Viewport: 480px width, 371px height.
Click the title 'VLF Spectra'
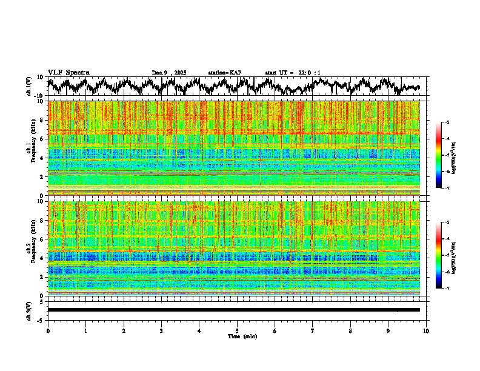click(68, 72)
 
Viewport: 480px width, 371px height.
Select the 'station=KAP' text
click(224, 73)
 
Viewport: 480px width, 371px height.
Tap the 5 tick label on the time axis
click(237, 331)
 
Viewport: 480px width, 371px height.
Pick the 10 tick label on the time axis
click(426, 331)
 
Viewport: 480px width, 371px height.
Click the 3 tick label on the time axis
click(161, 331)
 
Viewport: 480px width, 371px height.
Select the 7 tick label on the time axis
click(313, 331)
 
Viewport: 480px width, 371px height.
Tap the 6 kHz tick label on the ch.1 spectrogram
click(41, 139)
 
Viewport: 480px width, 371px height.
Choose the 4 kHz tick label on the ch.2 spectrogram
click(41, 258)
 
